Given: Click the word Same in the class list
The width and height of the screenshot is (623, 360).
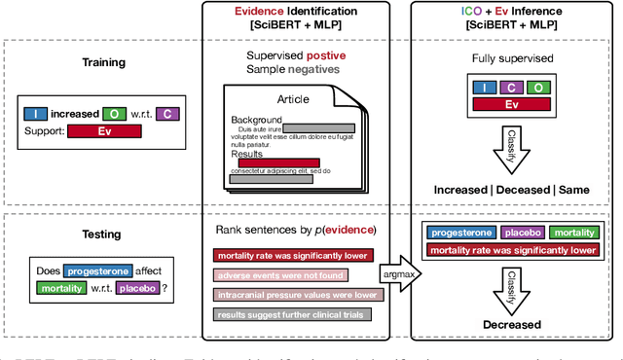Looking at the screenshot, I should click(580, 188).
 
